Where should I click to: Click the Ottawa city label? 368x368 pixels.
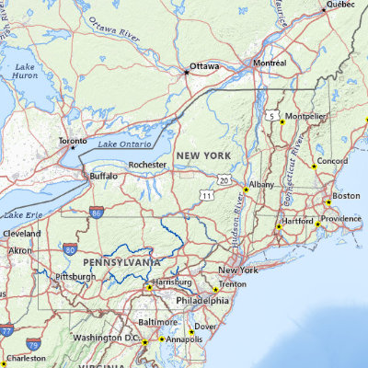[x=205, y=67]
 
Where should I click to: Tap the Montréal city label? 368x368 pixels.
[x=270, y=63]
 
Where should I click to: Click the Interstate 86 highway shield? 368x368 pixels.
[x=97, y=213]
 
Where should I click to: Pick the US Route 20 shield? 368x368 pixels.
[x=224, y=180]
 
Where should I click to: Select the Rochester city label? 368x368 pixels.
[x=147, y=165]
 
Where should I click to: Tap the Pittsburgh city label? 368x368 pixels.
[x=75, y=276]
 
